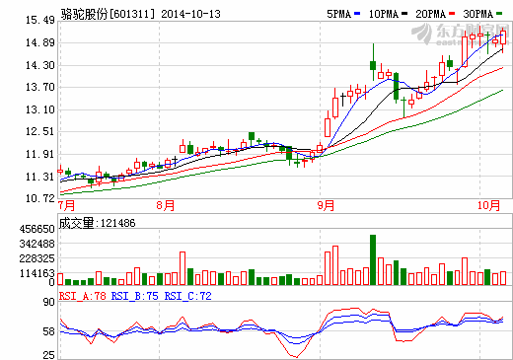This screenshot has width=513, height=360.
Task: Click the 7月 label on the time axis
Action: coord(67,206)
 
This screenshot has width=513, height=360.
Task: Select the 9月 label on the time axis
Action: coord(327,206)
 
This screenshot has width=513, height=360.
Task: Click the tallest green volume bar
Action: coord(373,259)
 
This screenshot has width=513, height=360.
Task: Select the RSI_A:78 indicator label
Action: coord(83,294)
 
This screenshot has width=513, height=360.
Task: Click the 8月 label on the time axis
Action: coord(165,206)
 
